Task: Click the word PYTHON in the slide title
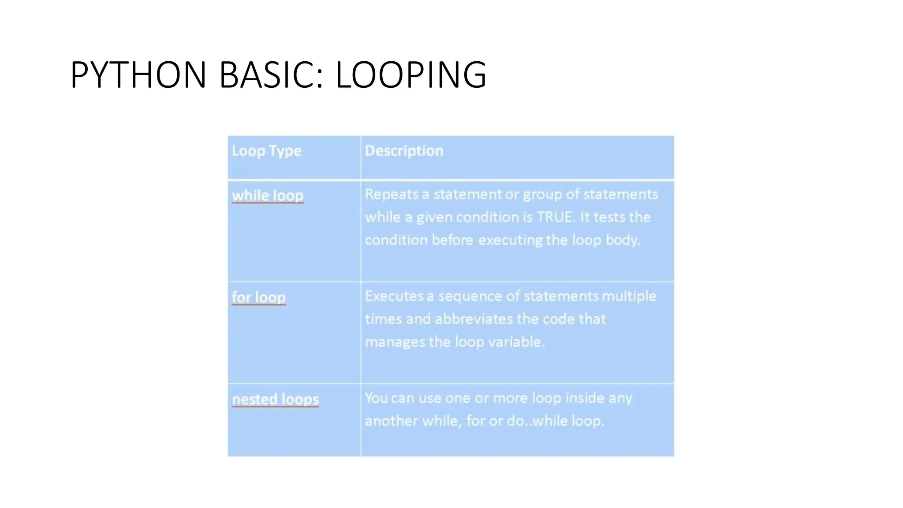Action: [x=138, y=75]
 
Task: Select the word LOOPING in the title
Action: [x=411, y=75]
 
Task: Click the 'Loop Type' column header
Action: [x=267, y=151]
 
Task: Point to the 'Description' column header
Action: [x=404, y=151]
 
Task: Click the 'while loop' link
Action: [x=268, y=195]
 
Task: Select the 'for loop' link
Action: [x=259, y=297]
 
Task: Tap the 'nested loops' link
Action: [x=276, y=399]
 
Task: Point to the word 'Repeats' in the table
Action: [x=392, y=194]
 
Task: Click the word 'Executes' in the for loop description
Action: [x=394, y=296]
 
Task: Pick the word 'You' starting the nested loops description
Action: [x=376, y=398]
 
